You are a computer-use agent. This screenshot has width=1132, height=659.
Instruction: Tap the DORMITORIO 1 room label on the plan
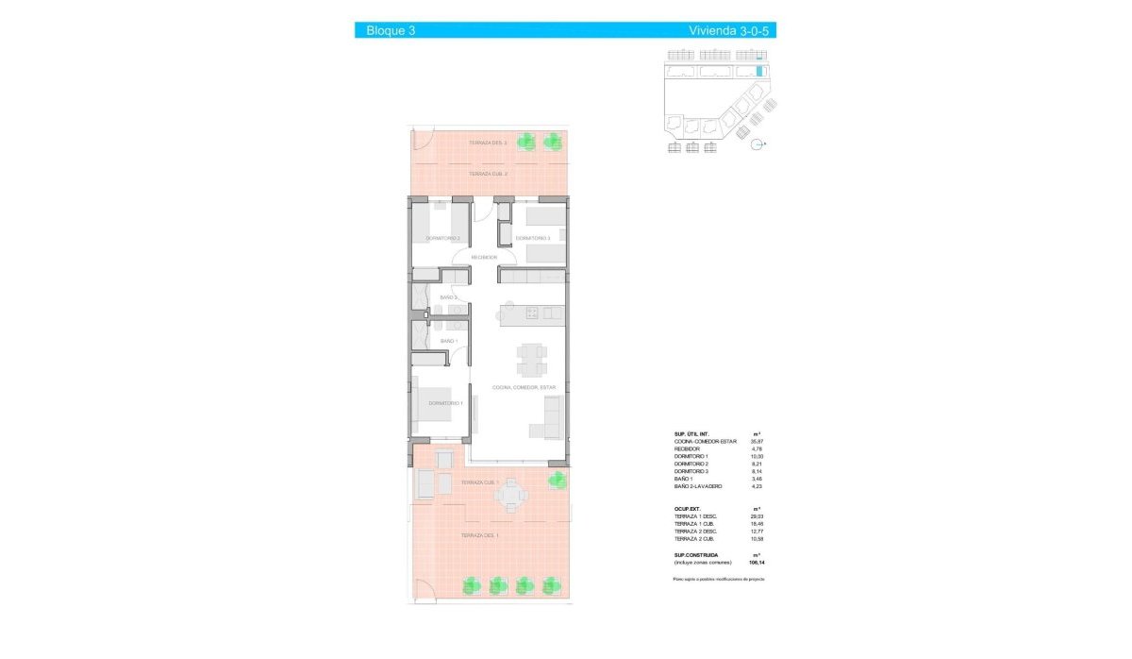pos(445,403)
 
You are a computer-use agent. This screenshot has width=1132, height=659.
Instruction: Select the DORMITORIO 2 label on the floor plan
pos(442,238)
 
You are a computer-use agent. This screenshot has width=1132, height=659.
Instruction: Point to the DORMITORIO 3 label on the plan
pos(532,238)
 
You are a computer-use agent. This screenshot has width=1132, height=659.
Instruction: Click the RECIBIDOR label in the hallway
pos(484,257)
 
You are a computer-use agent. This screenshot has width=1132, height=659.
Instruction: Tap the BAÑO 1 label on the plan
pos(449,341)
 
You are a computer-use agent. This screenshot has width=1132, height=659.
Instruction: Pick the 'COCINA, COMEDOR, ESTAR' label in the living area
pos(524,388)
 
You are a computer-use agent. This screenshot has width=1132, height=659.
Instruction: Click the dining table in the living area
pos(530,358)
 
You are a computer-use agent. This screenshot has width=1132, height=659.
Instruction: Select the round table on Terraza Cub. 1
pos(511,494)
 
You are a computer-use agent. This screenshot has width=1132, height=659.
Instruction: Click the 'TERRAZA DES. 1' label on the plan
pos(480,535)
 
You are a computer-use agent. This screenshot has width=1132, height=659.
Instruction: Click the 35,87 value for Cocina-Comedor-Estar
pos(756,441)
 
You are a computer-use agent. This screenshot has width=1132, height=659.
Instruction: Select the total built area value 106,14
pos(756,562)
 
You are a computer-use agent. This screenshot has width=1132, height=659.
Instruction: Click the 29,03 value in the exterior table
pos(756,516)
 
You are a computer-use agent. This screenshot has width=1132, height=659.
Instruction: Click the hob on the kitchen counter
pos(530,313)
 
